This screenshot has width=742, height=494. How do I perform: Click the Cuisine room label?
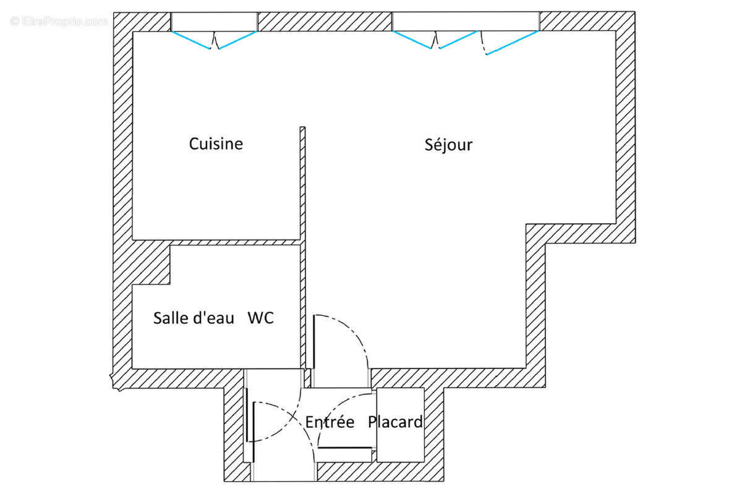(216, 144)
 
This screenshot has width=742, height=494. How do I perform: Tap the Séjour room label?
(448, 145)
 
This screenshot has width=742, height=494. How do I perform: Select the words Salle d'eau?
(194, 318)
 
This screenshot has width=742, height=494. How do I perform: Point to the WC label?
(260, 318)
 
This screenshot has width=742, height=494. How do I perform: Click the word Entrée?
(330, 422)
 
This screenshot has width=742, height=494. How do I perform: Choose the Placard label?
(396, 422)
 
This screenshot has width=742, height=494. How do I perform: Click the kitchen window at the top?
(214, 21)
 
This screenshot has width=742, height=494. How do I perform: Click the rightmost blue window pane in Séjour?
(512, 43)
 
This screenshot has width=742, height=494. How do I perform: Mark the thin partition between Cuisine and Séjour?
(302, 185)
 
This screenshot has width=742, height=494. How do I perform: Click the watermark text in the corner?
(59, 21)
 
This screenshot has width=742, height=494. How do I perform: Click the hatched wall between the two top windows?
(325, 21)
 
